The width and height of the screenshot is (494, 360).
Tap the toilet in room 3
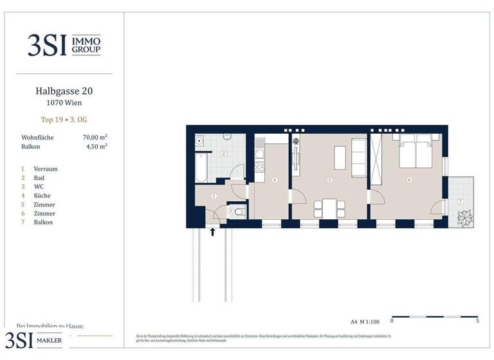click(x=239, y=210)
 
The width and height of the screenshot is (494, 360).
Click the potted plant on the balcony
click(x=463, y=218)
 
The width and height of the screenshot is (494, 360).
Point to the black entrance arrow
click(x=213, y=231)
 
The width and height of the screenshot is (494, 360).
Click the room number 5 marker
click(x=329, y=180)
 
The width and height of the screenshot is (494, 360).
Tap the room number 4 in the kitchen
click(x=275, y=180)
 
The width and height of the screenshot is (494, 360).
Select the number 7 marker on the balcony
click(x=460, y=201)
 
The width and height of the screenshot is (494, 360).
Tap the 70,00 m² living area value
click(x=95, y=138)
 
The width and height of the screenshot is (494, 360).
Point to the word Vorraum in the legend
click(x=46, y=169)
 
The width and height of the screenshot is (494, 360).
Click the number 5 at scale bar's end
click(x=477, y=321)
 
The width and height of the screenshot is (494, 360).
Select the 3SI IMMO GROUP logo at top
click(x=64, y=44)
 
